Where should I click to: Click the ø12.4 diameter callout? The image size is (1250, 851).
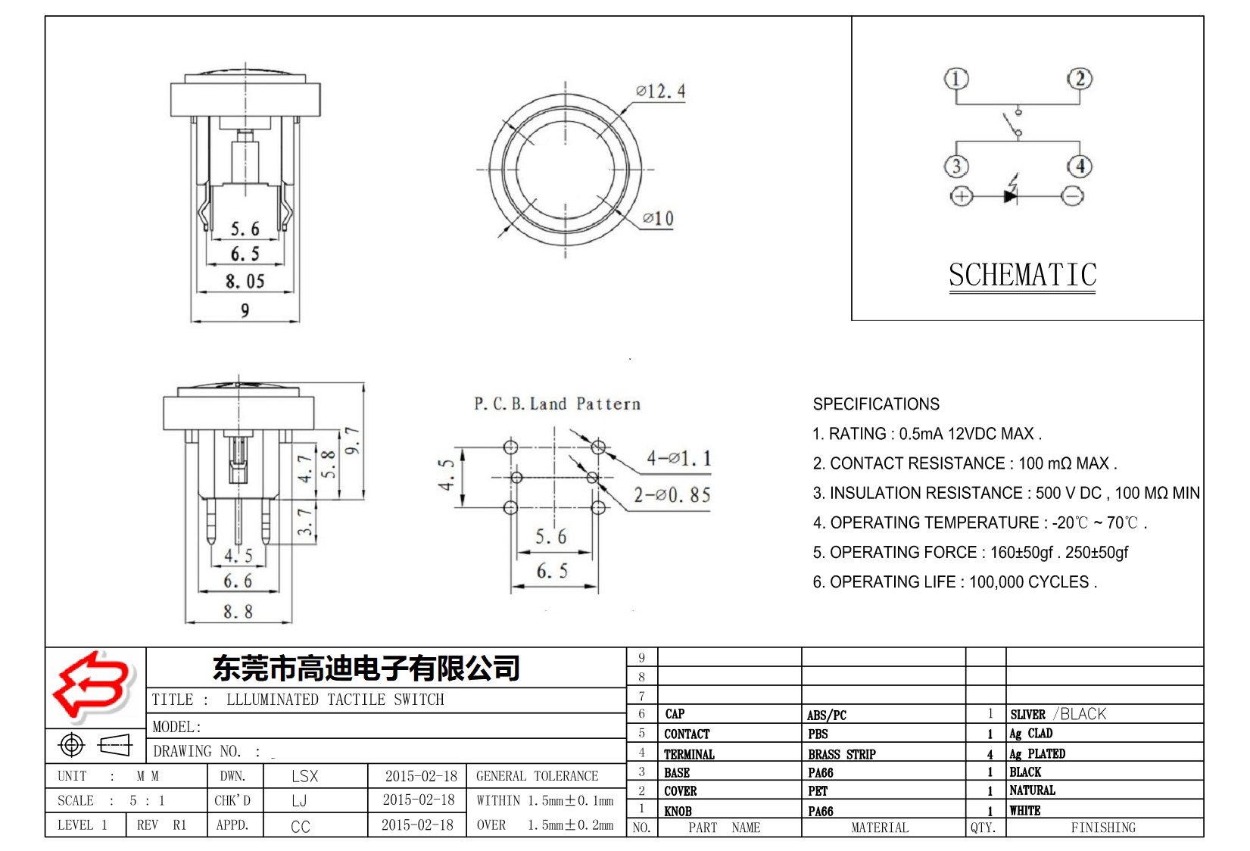660,92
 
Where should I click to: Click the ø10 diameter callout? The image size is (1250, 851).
657,219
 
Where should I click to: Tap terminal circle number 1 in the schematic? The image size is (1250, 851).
956,79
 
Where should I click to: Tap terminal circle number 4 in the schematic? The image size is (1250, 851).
1079,167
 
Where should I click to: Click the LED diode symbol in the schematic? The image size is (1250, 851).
1012,195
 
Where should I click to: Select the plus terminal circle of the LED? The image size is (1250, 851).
961,196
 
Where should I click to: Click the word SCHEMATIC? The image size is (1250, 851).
1022,275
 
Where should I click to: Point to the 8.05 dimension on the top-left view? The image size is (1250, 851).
245,282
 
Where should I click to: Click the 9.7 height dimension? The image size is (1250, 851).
352,441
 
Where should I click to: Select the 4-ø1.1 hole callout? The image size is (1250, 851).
678,458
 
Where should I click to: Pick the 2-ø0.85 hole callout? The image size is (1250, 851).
672,495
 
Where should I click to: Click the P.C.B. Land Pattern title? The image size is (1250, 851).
557,404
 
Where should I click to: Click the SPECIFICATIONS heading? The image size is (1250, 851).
876,404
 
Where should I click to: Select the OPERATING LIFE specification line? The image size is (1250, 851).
954,582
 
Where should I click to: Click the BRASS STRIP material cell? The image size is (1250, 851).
841,754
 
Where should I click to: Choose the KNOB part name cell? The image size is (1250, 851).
678,811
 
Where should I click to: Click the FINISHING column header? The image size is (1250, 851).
1102,828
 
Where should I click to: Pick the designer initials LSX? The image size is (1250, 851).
304,776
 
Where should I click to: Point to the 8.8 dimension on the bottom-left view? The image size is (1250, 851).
238,612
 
